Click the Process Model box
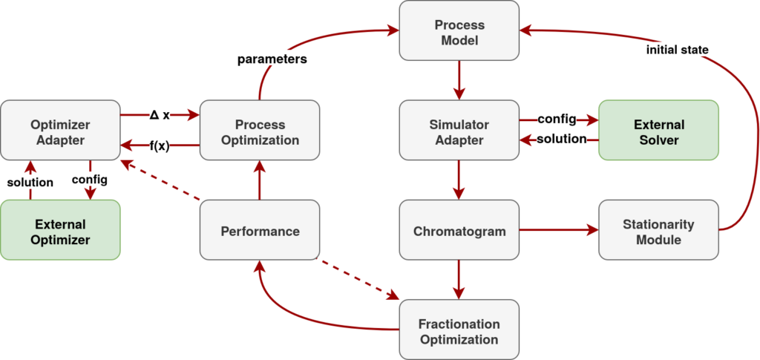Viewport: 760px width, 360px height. pyautogui.click(x=459, y=30)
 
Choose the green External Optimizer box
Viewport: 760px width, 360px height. pyautogui.click(x=60, y=230)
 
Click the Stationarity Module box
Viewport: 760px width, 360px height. pyautogui.click(x=658, y=230)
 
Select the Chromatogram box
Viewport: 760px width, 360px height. pyautogui.click(x=459, y=230)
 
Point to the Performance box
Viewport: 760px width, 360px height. pyautogui.click(x=260, y=230)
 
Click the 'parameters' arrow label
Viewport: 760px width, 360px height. pyautogui.click(x=272, y=59)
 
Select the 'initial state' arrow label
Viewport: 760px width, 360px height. pyautogui.click(x=678, y=50)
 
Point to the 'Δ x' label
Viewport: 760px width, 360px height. pyautogui.click(x=160, y=115)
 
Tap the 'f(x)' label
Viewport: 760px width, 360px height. pyautogui.click(x=160, y=145)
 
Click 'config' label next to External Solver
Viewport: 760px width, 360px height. pyautogui.click(x=557, y=119)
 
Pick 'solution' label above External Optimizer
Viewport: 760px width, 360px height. pyautogui.click(x=30, y=181)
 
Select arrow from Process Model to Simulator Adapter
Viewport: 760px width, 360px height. pyautogui.click(x=459, y=80)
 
